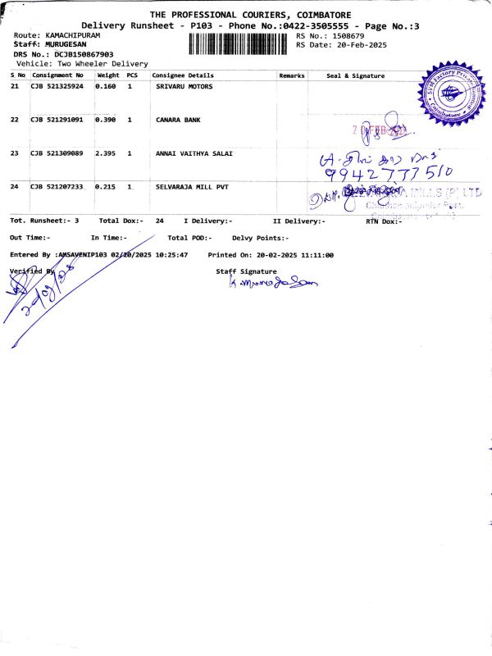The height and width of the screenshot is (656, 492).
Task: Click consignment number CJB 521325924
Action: tap(57, 86)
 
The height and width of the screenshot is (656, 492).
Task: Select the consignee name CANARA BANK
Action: tap(178, 120)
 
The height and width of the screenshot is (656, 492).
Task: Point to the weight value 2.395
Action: tap(107, 153)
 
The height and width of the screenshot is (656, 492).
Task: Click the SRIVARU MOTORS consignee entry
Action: tap(184, 86)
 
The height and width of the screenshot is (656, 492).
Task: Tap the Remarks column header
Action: tap(292, 75)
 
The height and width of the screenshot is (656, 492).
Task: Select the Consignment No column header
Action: tap(57, 75)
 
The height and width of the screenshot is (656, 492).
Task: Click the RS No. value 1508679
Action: tap(348, 36)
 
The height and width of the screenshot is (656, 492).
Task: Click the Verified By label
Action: tap(30, 271)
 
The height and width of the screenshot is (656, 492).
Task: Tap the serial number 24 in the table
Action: tap(15, 187)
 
